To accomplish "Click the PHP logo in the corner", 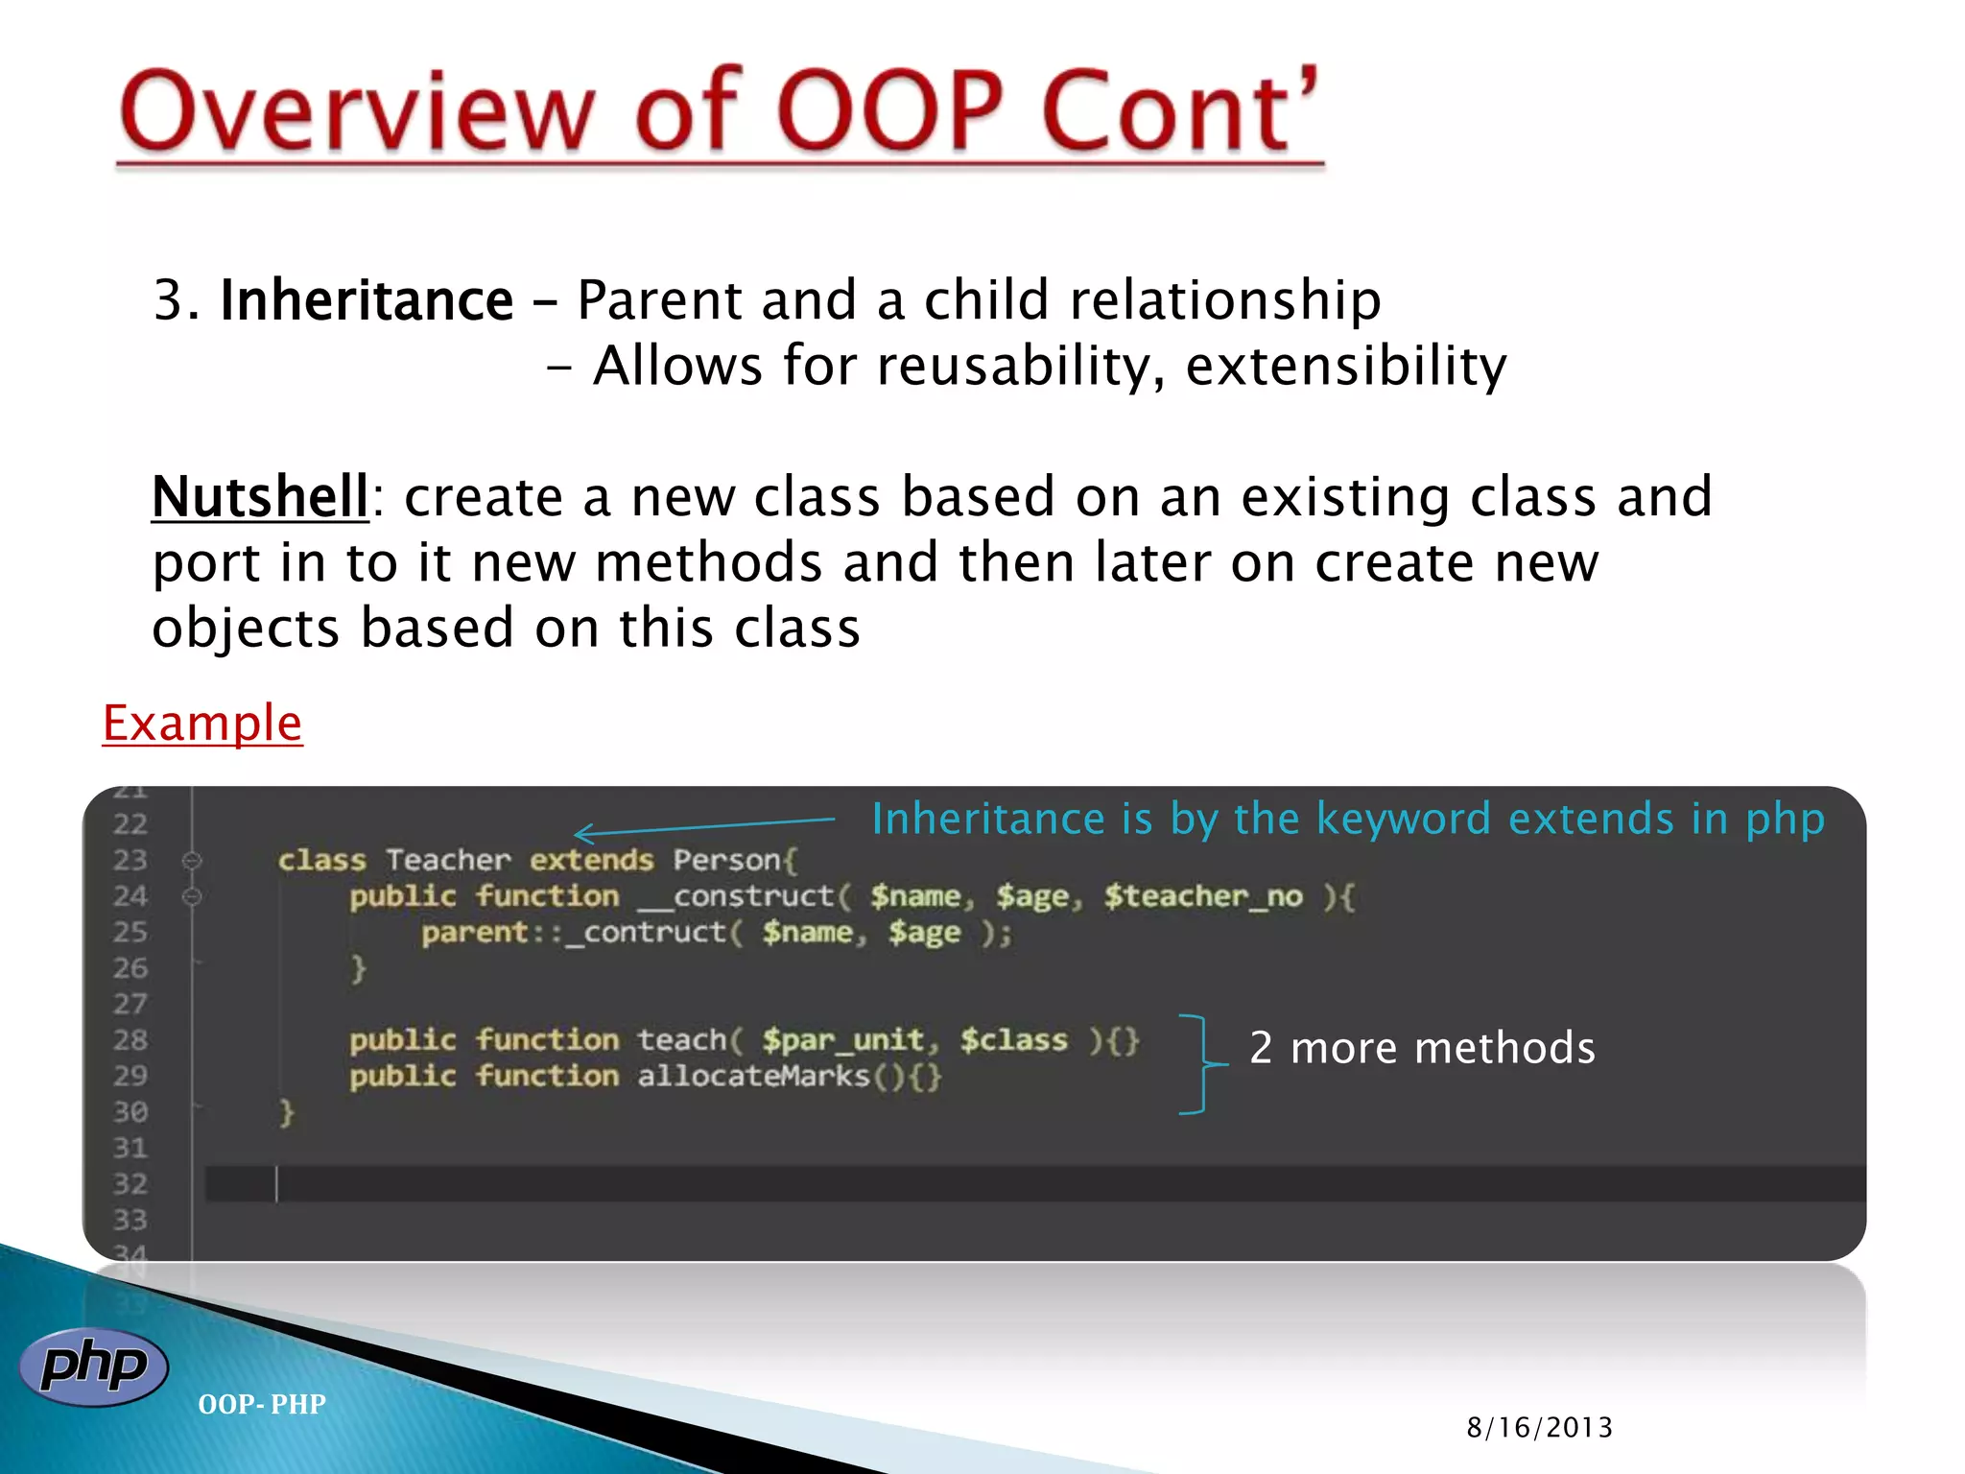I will coord(93,1367).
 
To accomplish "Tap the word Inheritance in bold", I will coord(367,300).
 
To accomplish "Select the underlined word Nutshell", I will coord(260,497).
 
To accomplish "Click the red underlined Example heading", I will coord(202,723).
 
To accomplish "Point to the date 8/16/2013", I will coord(1539,1428).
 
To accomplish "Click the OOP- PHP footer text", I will coord(262,1405).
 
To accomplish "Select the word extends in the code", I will coord(591,860).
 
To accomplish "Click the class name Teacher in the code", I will coord(448,860).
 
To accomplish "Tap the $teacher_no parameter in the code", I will coord(1203,896).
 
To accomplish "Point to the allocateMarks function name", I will coord(753,1077).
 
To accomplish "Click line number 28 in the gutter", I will coord(130,1040).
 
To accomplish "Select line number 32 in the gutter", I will coord(130,1184).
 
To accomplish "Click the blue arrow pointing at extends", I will coord(705,827).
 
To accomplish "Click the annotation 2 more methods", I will coord(1422,1048).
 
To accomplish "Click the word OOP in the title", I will coord(890,112).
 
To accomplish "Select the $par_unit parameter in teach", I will coord(844,1040).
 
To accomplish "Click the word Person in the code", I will coord(727,860).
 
